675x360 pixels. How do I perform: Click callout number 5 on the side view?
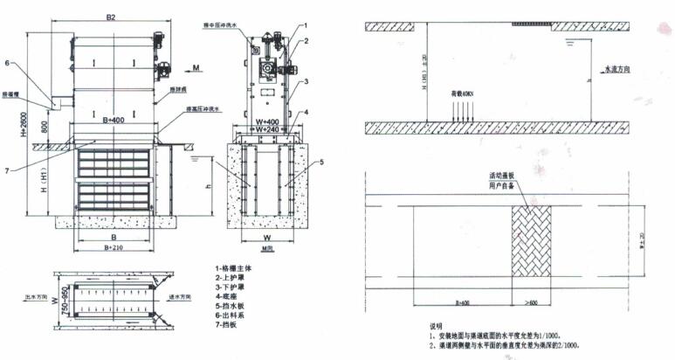[x=322, y=163]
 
